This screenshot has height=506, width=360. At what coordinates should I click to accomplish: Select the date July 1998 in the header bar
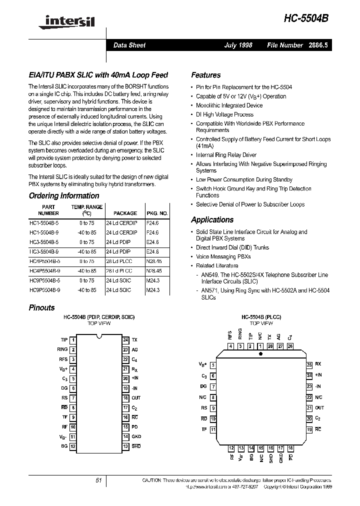click(238, 45)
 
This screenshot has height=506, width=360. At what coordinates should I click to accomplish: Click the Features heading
click(205, 75)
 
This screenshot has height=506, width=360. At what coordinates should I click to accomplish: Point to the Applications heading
click(212, 220)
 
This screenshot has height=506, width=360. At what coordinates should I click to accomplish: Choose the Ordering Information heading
click(64, 196)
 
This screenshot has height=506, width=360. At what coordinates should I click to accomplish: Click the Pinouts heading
click(42, 308)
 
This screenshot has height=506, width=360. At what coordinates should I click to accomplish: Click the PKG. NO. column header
click(157, 213)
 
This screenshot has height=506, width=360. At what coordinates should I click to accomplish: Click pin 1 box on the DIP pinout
click(73, 340)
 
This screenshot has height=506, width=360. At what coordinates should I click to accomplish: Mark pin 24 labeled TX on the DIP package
click(125, 340)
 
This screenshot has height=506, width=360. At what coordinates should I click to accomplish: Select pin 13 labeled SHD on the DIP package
click(125, 445)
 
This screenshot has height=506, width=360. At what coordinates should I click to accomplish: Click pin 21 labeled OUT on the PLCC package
click(309, 408)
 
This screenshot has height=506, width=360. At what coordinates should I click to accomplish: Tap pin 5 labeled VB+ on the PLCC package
click(213, 365)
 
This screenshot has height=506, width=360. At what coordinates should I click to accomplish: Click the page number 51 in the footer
click(98, 480)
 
